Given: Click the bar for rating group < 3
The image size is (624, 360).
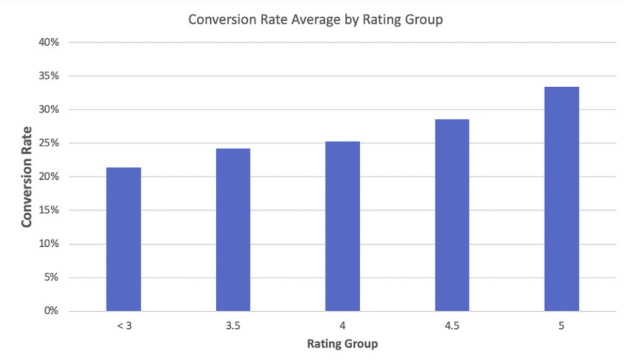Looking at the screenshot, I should pos(124,239).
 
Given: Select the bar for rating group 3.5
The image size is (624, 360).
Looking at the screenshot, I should pos(233,230).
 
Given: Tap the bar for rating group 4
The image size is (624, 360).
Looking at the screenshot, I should pos(342,226).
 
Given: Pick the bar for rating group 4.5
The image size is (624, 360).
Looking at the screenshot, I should pos(452,215).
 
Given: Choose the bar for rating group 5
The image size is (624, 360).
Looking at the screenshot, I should pos(561,199).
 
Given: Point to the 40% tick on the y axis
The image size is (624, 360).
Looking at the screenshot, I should pos(49,43).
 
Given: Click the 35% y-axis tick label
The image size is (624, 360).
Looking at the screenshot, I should pos(49,76).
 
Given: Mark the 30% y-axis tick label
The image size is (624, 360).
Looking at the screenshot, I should pos(49,110).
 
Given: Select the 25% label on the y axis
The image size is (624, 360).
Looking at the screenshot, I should pos(49,143).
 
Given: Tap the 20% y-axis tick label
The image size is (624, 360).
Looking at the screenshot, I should pos(49,177).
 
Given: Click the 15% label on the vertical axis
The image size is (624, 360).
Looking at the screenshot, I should pos(49,210).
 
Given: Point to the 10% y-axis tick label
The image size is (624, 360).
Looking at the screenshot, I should pos(49,244).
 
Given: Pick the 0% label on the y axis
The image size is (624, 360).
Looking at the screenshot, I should pos(52,311).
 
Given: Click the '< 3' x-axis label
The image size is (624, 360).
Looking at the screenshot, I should pos(123,326).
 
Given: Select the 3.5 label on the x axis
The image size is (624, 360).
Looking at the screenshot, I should pos(233,326).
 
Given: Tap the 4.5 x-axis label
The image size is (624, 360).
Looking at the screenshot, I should pos(452,326).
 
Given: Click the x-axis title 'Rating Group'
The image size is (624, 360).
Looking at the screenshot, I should pos(342,344).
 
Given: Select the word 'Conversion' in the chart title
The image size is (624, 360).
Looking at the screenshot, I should pos(218,19).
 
